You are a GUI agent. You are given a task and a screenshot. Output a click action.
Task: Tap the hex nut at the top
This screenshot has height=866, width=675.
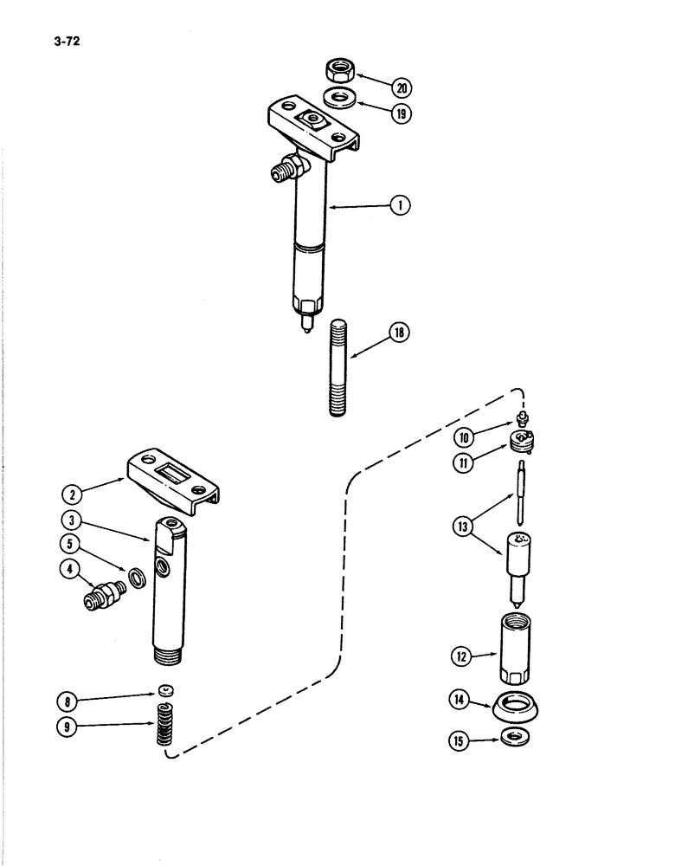tap(335, 68)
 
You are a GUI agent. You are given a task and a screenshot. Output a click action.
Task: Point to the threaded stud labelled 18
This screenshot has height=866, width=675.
tap(339, 369)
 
